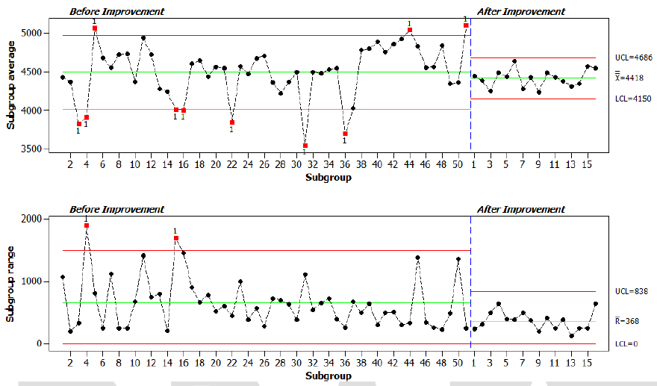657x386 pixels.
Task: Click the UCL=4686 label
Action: pos(634,57)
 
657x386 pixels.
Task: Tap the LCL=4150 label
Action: pos(634,98)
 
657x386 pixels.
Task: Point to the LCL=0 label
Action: pos(627,343)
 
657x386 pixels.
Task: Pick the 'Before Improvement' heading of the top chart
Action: pos(116,12)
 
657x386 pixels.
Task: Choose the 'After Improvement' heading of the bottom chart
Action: pos(520,210)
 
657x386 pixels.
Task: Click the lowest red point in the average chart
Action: pos(305,146)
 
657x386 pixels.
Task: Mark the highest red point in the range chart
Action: pos(87,225)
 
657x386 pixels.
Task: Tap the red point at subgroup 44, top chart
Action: pos(410,31)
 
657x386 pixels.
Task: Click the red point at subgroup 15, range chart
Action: pos(176,238)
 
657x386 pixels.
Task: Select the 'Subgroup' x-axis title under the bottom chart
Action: pos(328,376)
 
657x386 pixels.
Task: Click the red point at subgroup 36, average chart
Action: pos(345,134)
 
